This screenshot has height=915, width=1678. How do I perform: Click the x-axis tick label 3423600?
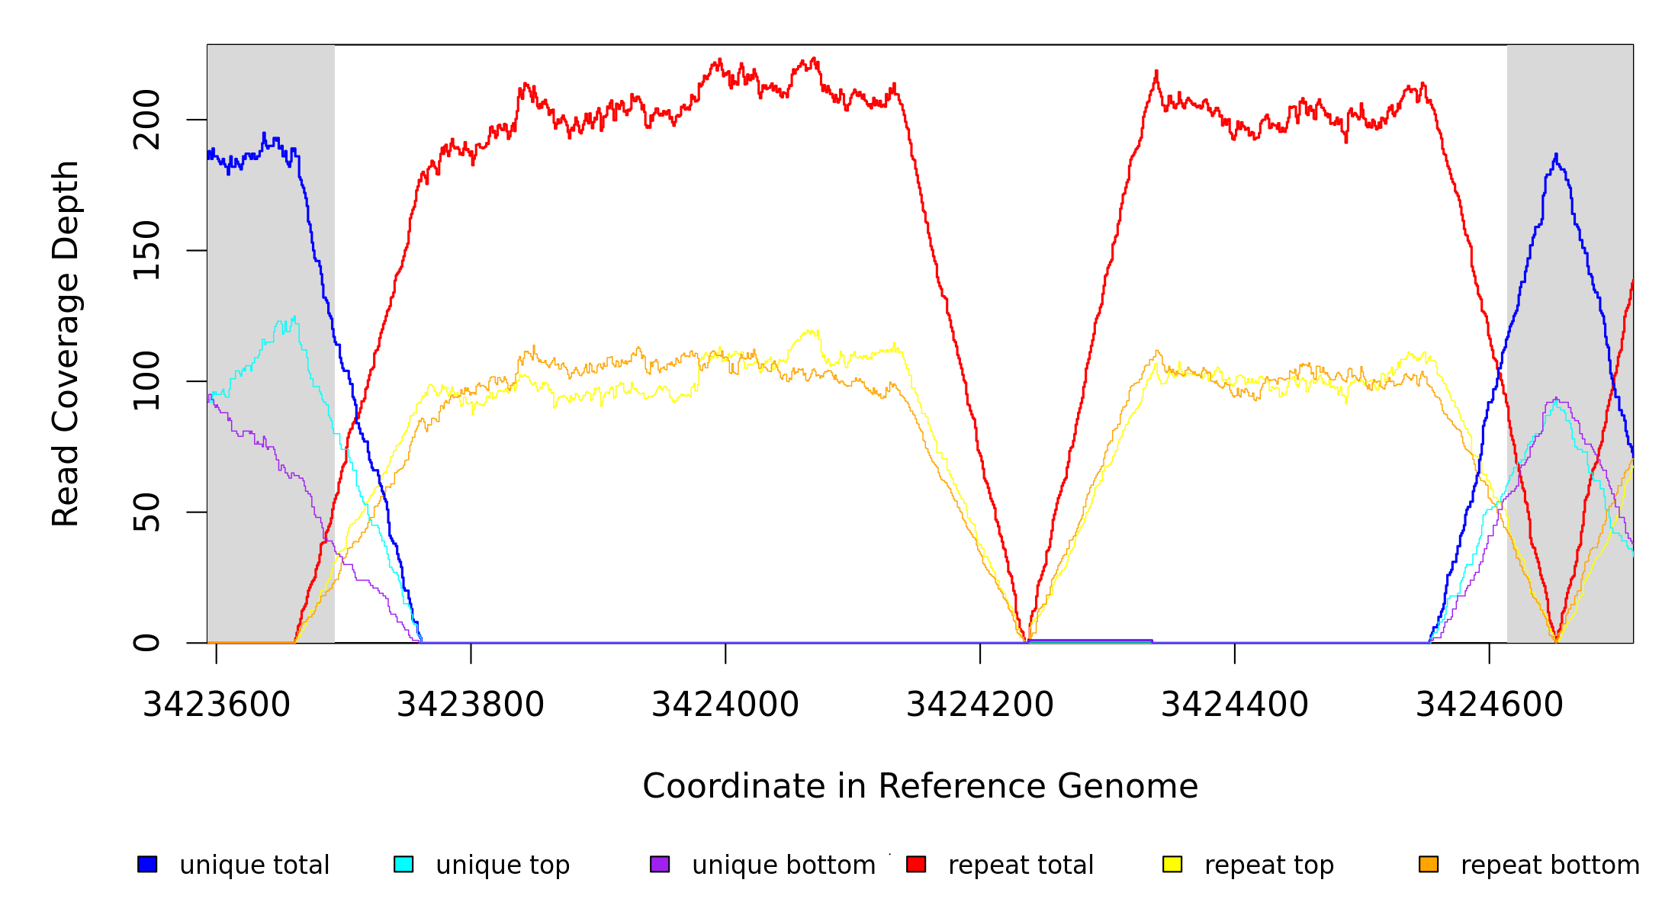(x=217, y=705)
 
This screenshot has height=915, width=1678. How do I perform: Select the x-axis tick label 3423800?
(x=471, y=705)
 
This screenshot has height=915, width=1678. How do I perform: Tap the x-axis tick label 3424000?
(x=725, y=705)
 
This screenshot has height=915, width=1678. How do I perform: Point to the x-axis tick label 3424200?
(x=980, y=705)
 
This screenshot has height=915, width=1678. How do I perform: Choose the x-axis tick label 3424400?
(x=1235, y=705)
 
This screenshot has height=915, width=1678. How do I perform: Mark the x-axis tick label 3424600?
(x=1490, y=705)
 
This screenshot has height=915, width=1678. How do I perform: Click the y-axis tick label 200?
(x=146, y=120)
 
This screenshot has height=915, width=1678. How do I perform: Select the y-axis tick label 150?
(x=146, y=250)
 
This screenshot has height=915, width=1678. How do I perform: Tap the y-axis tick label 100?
(x=146, y=381)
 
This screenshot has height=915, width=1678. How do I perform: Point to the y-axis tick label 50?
(x=146, y=512)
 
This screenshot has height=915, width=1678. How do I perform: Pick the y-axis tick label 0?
(x=146, y=643)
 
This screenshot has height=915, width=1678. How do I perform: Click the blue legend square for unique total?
(x=147, y=864)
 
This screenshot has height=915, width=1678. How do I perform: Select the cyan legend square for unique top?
(x=403, y=864)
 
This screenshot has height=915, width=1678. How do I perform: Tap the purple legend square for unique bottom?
(x=660, y=864)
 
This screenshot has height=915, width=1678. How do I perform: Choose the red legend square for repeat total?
(x=916, y=864)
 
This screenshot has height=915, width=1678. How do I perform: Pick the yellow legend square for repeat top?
(x=1172, y=864)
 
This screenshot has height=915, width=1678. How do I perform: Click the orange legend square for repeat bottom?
(x=1429, y=864)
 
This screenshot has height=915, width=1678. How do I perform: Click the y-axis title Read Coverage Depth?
(x=66, y=343)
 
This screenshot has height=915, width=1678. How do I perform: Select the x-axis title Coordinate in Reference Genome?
(x=920, y=786)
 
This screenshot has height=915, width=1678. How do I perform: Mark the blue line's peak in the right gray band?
(x=1556, y=155)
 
